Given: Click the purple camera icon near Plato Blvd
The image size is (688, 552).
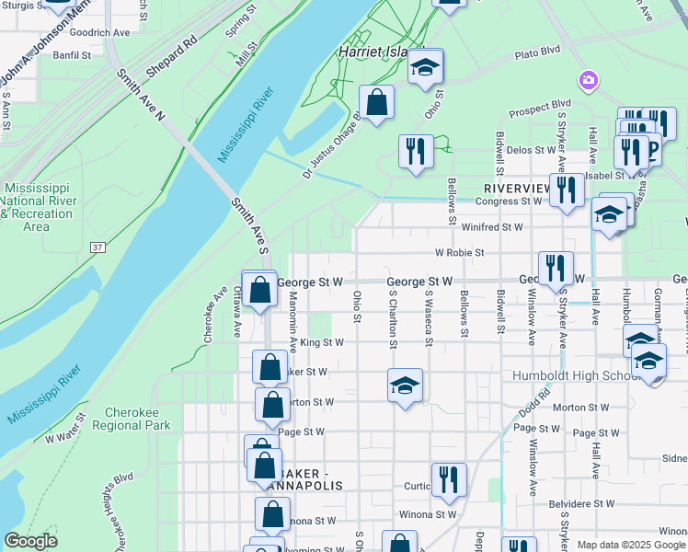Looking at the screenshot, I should click(588, 80).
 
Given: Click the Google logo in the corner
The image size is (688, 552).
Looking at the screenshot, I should click(31, 541).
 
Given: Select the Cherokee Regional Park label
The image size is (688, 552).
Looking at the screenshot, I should click(138, 419).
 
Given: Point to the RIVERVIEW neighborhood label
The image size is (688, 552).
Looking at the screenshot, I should click(516, 188).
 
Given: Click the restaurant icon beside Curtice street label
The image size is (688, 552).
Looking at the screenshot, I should click(449, 479).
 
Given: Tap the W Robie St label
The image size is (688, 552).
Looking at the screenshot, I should click(459, 252).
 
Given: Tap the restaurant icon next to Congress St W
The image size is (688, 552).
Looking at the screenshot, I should click(566, 190).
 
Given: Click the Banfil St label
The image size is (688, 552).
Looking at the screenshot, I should click(72, 55).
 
